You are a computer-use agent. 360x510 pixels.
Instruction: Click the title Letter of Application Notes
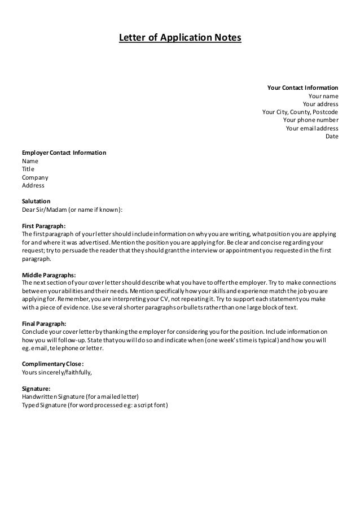(x=179, y=38)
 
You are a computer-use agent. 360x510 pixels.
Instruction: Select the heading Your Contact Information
(x=302, y=88)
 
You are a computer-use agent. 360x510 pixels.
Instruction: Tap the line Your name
(x=323, y=96)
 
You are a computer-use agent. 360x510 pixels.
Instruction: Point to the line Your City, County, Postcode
(x=300, y=112)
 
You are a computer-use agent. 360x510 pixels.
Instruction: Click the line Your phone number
(x=310, y=120)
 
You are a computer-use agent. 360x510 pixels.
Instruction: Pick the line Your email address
(x=312, y=128)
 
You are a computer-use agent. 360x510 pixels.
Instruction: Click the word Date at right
(x=332, y=136)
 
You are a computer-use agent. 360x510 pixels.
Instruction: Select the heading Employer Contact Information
(x=64, y=153)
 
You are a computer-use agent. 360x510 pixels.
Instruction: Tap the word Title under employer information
(x=28, y=169)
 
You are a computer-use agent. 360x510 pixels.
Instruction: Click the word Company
(x=35, y=177)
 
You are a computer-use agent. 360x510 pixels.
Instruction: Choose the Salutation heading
(x=36, y=201)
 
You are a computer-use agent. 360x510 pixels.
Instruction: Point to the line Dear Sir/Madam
(x=72, y=210)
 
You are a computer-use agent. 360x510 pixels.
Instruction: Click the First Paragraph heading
(x=44, y=226)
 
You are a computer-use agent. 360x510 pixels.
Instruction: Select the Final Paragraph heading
(x=45, y=324)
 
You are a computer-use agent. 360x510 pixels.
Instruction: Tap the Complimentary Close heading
(x=52, y=364)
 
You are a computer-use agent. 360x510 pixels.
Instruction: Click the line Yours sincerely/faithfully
(x=56, y=373)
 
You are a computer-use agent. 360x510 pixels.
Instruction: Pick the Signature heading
(x=36, y=389)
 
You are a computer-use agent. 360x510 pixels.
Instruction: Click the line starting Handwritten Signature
(x=80, y=397)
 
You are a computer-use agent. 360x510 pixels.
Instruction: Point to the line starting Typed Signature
(x=95, y=406)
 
